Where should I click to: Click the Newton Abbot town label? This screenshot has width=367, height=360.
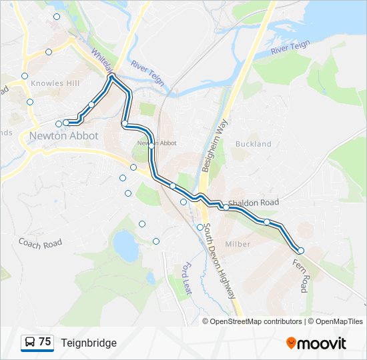pyautogui.click(x=63, y=136)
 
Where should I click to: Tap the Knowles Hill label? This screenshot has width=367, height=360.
pyautogui.click(x=55, y=83)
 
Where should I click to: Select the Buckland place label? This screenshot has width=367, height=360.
pyautogui.click(x=254, y=143)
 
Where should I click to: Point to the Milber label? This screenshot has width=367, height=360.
pyautogui.click(x=238, y=244)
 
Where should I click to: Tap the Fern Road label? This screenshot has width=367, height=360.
pyautogui.click(x=300, y=275)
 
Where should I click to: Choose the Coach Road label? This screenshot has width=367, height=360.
pyautogui.click(x=40, y=243)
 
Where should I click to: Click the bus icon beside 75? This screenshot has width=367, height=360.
pyautogui.click(x=29, y=343)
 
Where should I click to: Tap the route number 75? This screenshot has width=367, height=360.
pyautogui.click(x=45, y=342)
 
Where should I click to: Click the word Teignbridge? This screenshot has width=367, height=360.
pyautogui.click(x=89, y=343)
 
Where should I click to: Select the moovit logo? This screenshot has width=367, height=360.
pyautogui.click(x=316, y=343)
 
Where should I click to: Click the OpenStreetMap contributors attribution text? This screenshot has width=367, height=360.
pyautogui.click(x=253, y=321)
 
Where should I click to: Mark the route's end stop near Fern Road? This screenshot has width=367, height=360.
pyautogui.click(x=301, y=251)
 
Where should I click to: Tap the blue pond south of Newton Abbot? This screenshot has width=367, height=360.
pyautogui.click(x=125, y=245)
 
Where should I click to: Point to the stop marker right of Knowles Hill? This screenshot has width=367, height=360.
pyautogui.click(x=91, y=105)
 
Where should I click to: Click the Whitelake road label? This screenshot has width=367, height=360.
pyautogui.click(x=101, y=61)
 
